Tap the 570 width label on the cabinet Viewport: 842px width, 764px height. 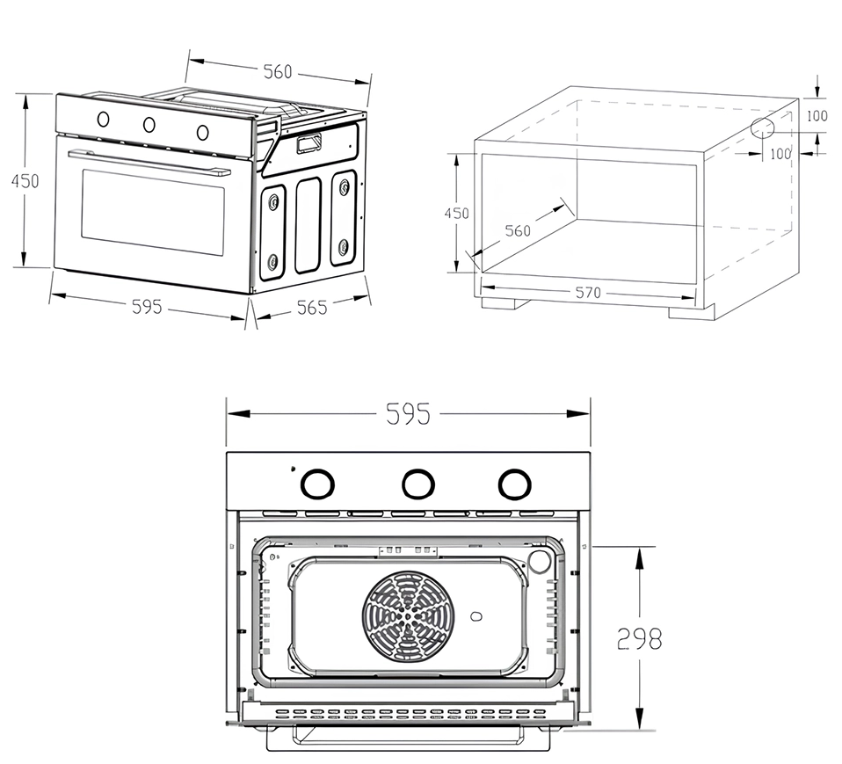[588, 293]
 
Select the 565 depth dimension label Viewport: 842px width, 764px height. [311, 308]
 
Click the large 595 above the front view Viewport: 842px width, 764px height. [408, 414]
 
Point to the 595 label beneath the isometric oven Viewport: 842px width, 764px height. [147, 307]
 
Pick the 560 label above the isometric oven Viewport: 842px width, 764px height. [278, 72]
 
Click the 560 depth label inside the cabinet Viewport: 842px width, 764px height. [518, 230]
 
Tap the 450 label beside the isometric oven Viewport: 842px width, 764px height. [25, 180]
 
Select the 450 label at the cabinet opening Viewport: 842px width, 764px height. [456, 214]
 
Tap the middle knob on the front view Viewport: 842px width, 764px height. [417, 483]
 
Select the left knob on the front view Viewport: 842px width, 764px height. [317, 483]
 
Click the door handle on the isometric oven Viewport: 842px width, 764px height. [149, 163]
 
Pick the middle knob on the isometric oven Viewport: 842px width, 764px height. [149, 125]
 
